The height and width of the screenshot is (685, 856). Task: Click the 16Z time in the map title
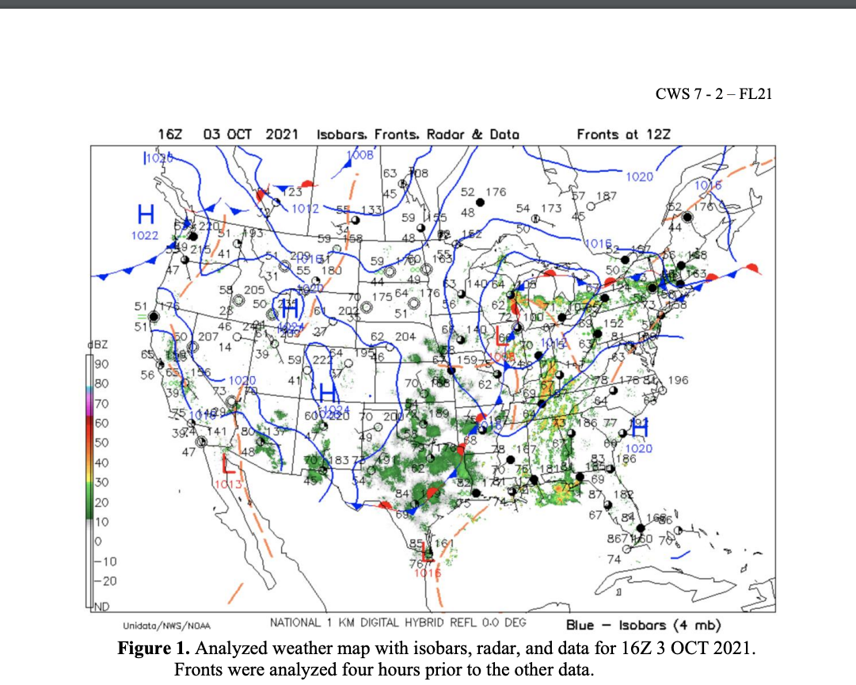pyautogui.click(x=170, y=135)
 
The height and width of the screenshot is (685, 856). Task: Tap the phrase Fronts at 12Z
pyautogui.click(x=623, y=135)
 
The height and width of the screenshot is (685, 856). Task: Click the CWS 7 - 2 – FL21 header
pyautogui.click(x=713, y=94)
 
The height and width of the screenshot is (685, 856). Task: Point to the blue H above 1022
pyautogui.click(x=146, y=214)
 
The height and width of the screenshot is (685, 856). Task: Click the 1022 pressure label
pyautogui.click(x=145, y=235)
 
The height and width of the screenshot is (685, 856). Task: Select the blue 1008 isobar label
pyautogui.click(x=360, y=156)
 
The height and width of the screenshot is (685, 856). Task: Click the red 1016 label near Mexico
pyautogui.click(x=428, y=573)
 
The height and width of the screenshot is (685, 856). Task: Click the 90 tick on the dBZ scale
pyautogui.click(x=101, y=363)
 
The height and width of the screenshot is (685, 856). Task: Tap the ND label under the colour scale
pyautogui.click(x=102, y=607)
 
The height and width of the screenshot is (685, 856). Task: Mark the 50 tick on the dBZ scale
pyautogui.click(x=101, y=442)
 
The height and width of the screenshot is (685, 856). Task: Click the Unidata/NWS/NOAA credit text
pyautogui.click(x=166, y=626)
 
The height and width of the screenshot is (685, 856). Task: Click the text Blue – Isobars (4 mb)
pyautogui.click(x=642, y=625)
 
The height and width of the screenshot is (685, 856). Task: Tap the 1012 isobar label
pyautogui.click(x=305, y=209)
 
